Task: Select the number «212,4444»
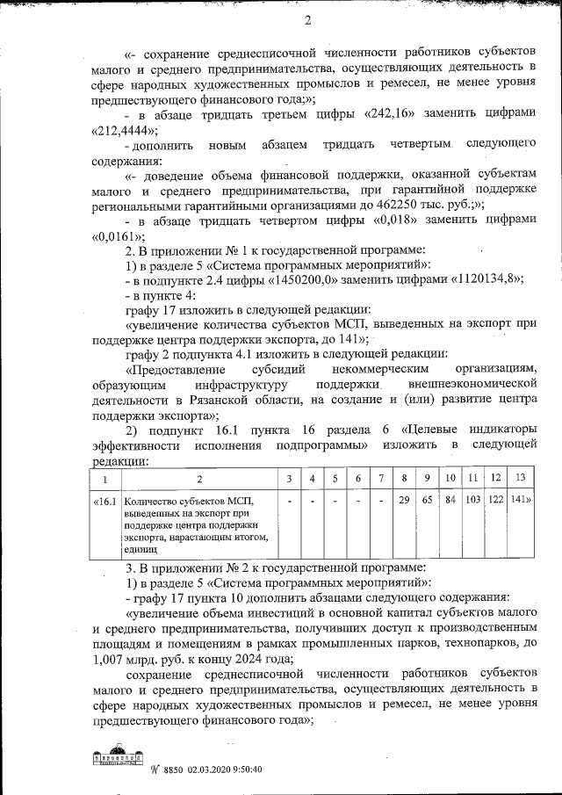pos(118,131)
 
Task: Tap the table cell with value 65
pos(427,500)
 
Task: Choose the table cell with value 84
pos(450,500)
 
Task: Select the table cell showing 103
pos(472,500)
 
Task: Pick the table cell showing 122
pos(495,500)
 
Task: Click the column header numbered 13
pos(521,479)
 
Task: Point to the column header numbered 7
pos(381,479)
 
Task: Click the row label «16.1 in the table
pos(104,501)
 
